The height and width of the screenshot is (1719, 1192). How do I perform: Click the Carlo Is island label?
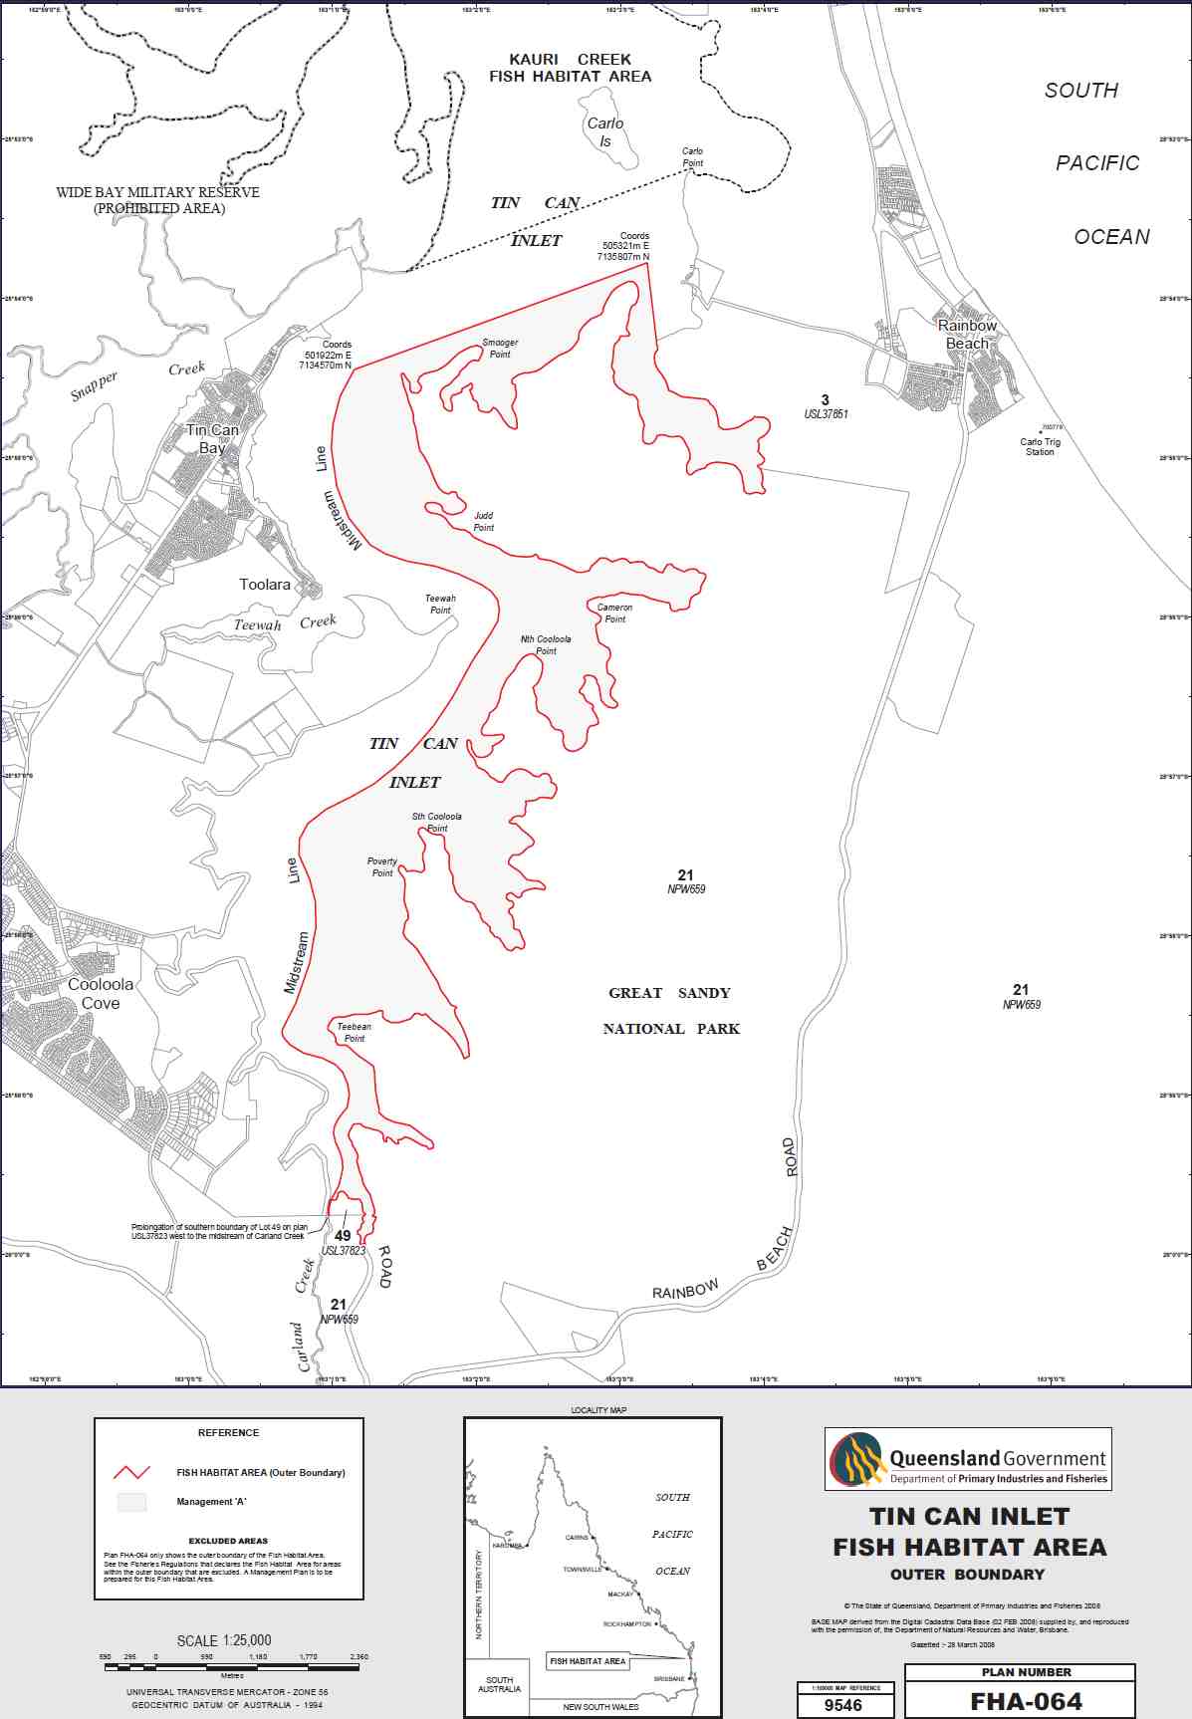tap(604, 132)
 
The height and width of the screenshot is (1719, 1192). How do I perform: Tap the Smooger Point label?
tap(500, 349)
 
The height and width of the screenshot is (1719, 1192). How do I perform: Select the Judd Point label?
tap(484, 522)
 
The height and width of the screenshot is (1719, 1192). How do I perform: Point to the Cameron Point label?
tap(614, 614)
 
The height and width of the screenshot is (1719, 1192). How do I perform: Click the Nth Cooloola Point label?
tap(546, 645)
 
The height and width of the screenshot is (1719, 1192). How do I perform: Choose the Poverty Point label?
tap(382, 867)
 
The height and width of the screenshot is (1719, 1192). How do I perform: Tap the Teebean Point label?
tap(354, 1033)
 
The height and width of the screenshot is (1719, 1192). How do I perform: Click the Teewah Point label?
tap(440, 605)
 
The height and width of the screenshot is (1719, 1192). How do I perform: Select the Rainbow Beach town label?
tap(967, 335)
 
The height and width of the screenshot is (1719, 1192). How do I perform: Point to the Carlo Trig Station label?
tap(1040, 447)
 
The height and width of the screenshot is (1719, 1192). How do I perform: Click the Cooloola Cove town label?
tap(101, 994)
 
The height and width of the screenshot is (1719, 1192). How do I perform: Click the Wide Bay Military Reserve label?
tap(158, 200)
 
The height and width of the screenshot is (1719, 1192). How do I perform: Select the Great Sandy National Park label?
tap(671, 1011)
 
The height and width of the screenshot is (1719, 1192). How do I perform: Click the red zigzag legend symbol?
tap(131, 1472)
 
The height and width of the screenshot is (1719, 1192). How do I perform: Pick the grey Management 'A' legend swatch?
tap(131, 1502)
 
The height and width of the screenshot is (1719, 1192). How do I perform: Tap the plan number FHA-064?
tap(1026, 1702)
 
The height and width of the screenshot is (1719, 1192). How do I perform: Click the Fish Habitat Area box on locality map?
tap(588, 1661)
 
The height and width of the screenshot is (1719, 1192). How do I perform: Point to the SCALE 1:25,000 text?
tap(224, 1640)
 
